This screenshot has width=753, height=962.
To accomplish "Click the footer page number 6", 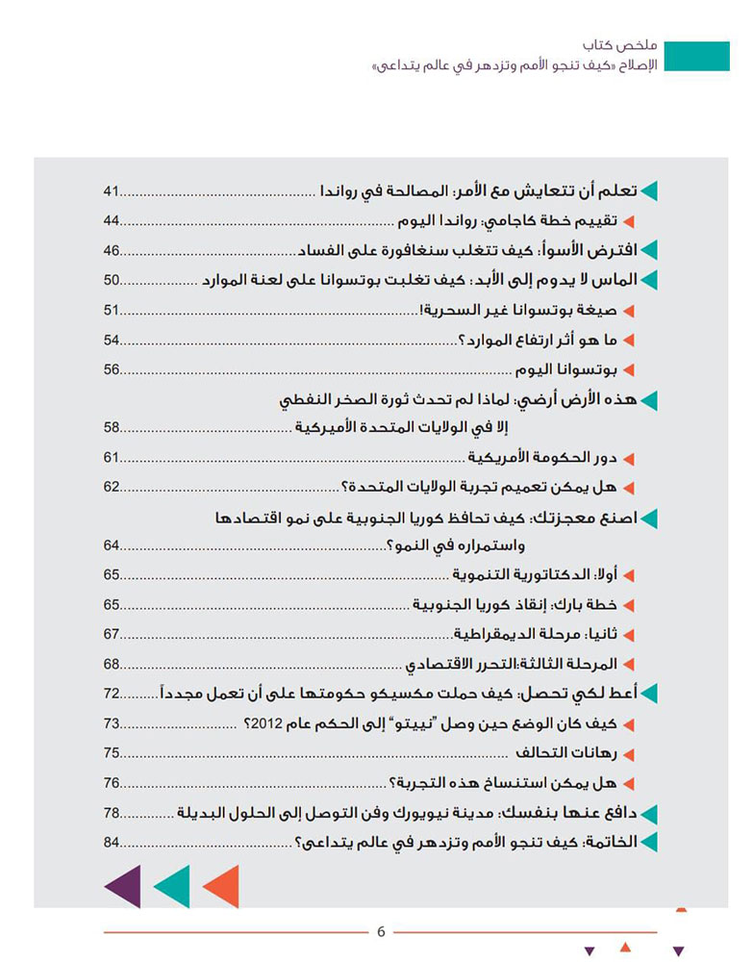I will click(x=381, y=931).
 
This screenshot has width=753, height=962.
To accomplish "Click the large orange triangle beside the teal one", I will click(x=222, y=886).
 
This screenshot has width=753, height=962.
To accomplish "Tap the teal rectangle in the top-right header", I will click(x=699, y=57).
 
